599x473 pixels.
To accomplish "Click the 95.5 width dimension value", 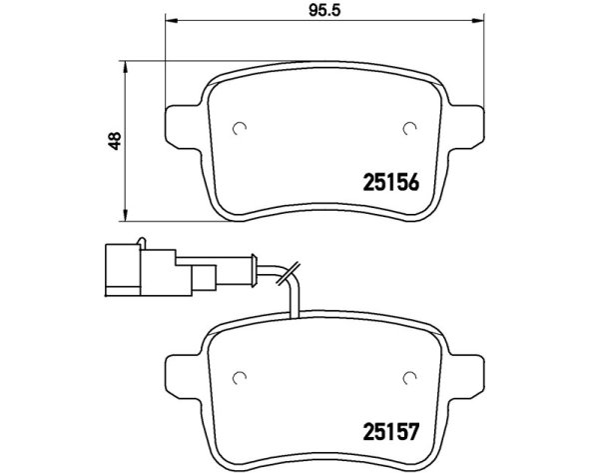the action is pyautogui.click(x=324, y=10).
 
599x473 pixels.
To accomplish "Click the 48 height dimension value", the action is pyautogui.click(x=114, y=140).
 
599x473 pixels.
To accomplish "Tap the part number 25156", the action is pyautogui.click(x=390, y=182).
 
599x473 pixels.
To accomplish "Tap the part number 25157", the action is pyautogui.click(x=390, y=431).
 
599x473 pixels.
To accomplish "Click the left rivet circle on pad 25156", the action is pyautogui.click(x=240, y=129).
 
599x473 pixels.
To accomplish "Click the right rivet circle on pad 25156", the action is pyautogui.click(x=410, y=129).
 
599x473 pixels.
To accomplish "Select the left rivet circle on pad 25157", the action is pyautogui.click(x=240, y=378).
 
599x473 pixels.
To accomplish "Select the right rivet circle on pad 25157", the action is pyautogui.click(x=410, y=378).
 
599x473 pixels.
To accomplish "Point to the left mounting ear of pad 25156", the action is pyautogui.click(x=183, y=127).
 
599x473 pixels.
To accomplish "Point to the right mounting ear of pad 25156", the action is pyautogui.click(x=466, y=127).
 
